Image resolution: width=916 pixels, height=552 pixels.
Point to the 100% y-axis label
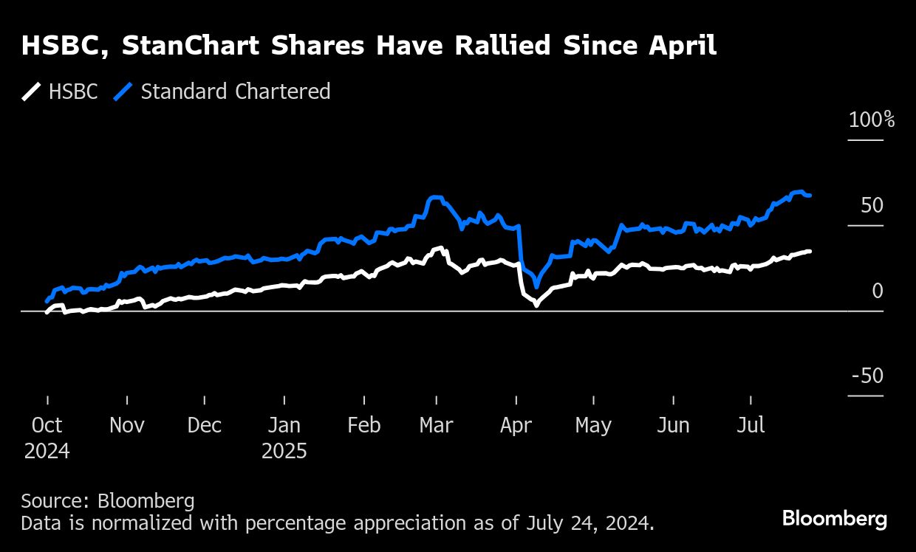click(x=872, y=120)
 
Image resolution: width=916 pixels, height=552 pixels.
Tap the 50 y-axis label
click(x=872, y=205)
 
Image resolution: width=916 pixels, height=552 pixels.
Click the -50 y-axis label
click(x=867, y=376)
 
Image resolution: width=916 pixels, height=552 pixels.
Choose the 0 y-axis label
click(x=877, y=291)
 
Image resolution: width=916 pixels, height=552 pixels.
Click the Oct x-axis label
click(x=47, y=426)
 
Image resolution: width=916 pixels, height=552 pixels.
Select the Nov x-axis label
click(x=126, y=426)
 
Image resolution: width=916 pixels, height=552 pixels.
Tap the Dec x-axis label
click(x=205, y=426)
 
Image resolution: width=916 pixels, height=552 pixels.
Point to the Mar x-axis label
click(x=436, y=426)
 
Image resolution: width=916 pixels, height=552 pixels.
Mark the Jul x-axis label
click(x=751, y=426)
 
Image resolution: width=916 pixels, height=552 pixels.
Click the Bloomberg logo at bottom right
click(x=835, y=518)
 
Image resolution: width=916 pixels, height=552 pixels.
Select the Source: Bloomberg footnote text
click(x=108, y=501)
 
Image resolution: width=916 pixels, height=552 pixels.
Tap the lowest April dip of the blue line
click(x=536, y=286)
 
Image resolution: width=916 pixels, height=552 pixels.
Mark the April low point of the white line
click(x=536, y=304)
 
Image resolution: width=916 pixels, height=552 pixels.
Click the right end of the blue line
click(x=810, y=196)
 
